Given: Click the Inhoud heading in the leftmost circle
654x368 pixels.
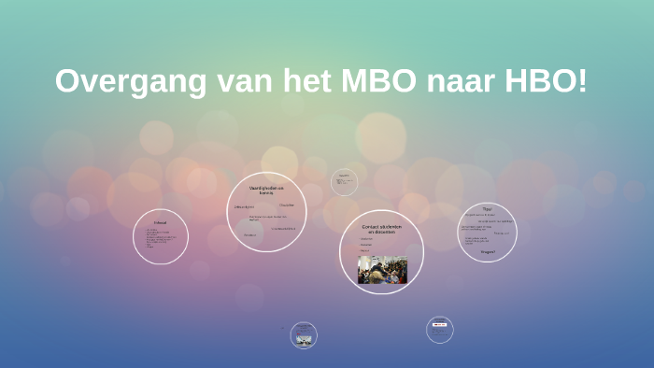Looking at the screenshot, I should [160, 223].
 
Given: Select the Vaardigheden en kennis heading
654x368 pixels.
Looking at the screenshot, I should [266, 191].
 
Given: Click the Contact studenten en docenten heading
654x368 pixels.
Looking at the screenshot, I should [381, 229].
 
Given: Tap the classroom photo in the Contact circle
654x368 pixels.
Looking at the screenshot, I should [382, 269].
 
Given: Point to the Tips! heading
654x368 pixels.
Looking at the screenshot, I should [487, 208].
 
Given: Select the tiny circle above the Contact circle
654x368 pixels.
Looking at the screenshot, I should [344, 181].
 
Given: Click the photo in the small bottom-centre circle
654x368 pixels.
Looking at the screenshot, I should [304, 339].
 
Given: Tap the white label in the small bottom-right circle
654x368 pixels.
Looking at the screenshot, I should [439, 325].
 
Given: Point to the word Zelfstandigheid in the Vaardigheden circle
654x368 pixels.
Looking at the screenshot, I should [245, 206].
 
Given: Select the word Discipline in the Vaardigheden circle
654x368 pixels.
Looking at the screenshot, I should [286, 205].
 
